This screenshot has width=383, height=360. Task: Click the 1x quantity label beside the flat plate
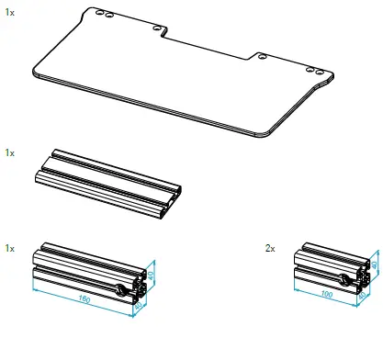9,14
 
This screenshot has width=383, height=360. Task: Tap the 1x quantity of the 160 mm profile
9,248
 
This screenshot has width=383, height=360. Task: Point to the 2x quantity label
269,248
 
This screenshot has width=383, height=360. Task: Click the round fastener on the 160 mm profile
122,291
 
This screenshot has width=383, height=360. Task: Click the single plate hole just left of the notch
152,28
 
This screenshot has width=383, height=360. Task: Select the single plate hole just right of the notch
262,57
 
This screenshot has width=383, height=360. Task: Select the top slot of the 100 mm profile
329,253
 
